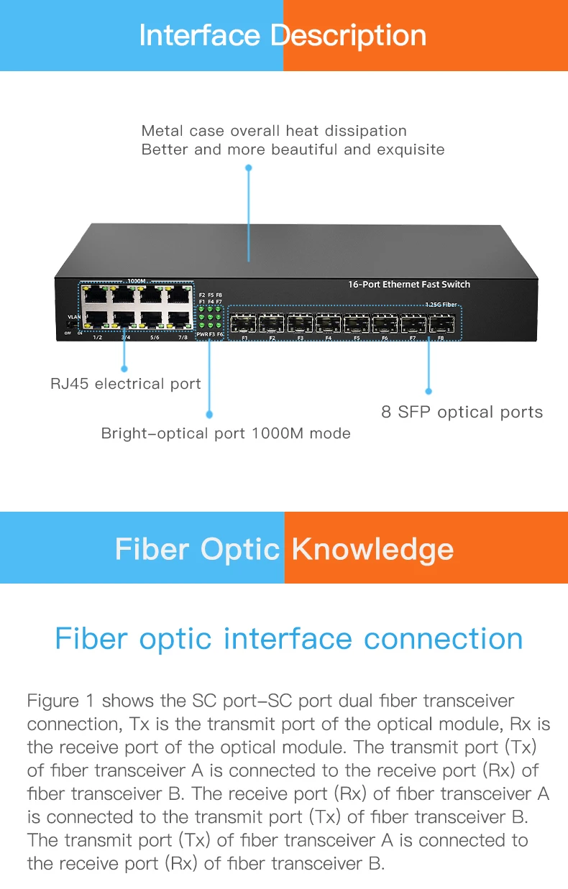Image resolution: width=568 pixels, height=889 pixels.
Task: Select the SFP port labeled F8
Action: [x=441, y=323]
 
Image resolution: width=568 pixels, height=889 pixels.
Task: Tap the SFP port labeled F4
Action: [x=328, y=323]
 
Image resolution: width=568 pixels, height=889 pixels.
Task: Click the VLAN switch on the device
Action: [x=70, y=325]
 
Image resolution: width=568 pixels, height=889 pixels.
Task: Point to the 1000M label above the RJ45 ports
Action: [x=137, y=281]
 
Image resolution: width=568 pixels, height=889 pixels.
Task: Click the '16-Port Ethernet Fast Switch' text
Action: [x=408, y=285]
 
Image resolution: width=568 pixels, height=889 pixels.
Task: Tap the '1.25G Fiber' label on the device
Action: [x=441, y=305]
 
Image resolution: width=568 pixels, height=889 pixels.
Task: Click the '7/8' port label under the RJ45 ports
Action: [x=183, y=336]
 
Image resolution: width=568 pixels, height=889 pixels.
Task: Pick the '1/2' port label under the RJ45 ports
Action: [x=97, y=336]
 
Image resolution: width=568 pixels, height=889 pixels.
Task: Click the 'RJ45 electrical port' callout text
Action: [x=126, y=384]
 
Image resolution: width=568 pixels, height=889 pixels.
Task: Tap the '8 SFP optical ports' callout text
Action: [x=462, y=413]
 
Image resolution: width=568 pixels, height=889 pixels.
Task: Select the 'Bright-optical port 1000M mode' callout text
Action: [x=226, y=433]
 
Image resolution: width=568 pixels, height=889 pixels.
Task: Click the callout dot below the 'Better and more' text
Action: [x=249, y=167]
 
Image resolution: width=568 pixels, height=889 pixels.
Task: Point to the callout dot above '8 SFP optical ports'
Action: [x=429, y=392]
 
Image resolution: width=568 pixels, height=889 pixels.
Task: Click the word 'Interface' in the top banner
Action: [x=199, y=35]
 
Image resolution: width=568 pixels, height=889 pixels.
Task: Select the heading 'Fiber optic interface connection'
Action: [x=288, y=638]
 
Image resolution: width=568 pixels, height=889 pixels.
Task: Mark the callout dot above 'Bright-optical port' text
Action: [x=209, y=415]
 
